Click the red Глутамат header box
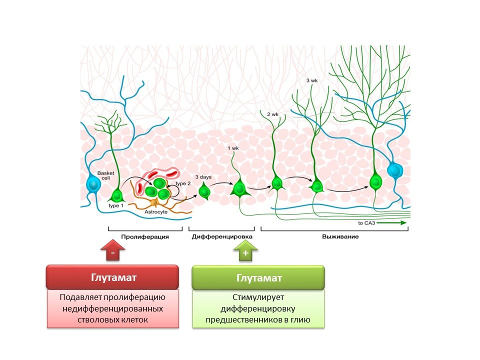[x=112, y=277]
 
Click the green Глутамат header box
[x=258, y=277]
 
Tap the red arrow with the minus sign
[x=114, y=252]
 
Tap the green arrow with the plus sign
[x=245, y=252]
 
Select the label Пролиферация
[x=144, y=236]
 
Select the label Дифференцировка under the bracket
[x=222, y=236]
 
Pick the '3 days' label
[x=203, y=177]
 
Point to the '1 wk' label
[x=233, y=148]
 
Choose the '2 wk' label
[x=272, y=114]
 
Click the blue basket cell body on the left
[x=93, y=184]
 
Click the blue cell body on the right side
[x=395, y=170]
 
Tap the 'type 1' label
[x=116, y=205]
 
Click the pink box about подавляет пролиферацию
[x=112, y=308]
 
